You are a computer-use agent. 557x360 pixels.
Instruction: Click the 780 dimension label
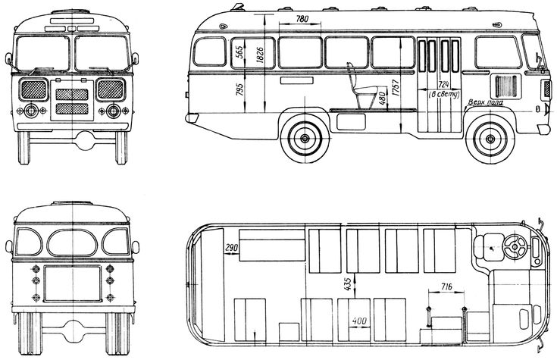click(302, 19)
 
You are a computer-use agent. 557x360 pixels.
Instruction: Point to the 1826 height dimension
click(260, 55)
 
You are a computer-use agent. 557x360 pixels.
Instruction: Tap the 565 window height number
click(239, 52)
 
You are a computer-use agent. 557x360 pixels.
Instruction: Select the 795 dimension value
click(239, 89)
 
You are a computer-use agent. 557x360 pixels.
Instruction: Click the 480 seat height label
click(382, 98)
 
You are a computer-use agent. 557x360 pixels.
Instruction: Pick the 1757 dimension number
click(396, 88)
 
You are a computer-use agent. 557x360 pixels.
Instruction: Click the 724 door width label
click(443, 85)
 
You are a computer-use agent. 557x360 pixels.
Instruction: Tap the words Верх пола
click(486, 102)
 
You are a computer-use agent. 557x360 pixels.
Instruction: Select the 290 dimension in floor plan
click(232, 248)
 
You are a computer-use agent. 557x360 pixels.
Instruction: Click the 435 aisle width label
click(348, 284)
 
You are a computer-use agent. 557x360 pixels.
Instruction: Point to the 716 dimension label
click(446, 286)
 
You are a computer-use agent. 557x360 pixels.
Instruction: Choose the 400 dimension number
click(359, 321)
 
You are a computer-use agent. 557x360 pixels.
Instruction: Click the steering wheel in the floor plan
click(515, 246)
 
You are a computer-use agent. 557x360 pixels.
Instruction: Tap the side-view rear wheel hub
click(305, 139)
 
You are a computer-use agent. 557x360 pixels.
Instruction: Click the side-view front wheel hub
click(490, 139)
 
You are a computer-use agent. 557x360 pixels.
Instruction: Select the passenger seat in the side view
click(361, 86)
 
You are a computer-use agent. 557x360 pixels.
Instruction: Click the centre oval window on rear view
click(72, 243)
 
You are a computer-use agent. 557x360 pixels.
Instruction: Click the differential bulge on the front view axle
click(84, 140)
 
